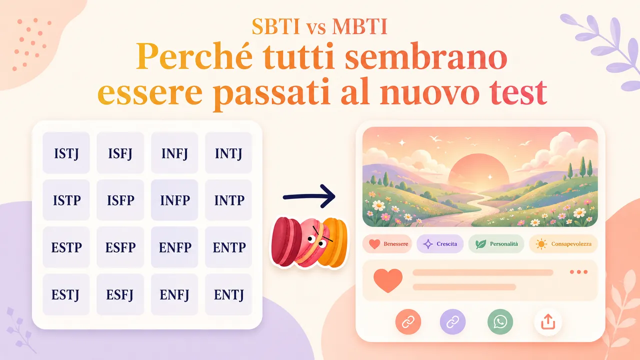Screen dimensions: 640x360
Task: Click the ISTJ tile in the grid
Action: tap(66, 153)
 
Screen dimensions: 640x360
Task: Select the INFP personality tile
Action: tap(174, 200)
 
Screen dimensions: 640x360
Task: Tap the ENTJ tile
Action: tap(228, 294)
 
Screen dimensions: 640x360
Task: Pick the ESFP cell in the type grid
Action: tap(120, 247)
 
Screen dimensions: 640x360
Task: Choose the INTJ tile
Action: tap(228, 153)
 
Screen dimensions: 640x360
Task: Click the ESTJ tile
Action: tap(66, 294)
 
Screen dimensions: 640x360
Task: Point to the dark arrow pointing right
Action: tap(309, 196)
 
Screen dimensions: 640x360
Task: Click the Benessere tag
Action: tap(387, 244)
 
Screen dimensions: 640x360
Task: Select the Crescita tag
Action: tap(440, 244)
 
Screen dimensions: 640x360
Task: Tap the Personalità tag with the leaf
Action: tap(496, 244)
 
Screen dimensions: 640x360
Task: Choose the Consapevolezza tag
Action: tap(563, 244)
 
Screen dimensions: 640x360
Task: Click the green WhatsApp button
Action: tap(500, 321)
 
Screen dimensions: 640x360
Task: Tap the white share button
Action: tap(548, 321)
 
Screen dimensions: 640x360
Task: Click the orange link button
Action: tap(408, 321)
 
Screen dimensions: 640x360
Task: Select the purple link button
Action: tap(452, 321)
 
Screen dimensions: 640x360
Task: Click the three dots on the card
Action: tap(578, 272)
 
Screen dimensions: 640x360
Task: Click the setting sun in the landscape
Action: tap(478, 170)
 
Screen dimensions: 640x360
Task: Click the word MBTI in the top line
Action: tap(359, 26)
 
